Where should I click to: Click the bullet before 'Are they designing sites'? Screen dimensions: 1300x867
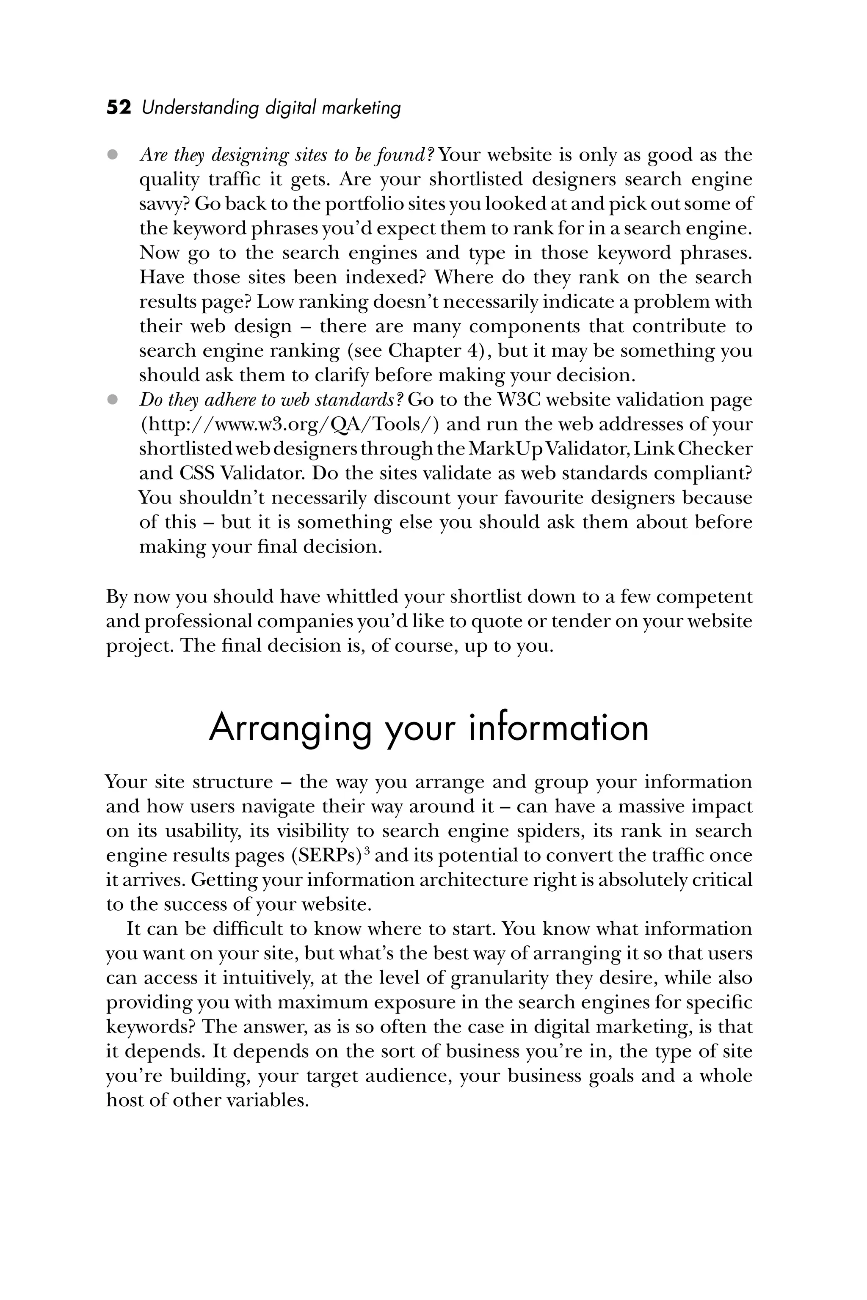tap(113, 155)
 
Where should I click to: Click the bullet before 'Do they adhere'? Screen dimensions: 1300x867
tap(113, 399)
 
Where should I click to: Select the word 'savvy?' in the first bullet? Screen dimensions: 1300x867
tap(165, 204)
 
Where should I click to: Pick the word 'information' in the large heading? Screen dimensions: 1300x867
tap(558, 728)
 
